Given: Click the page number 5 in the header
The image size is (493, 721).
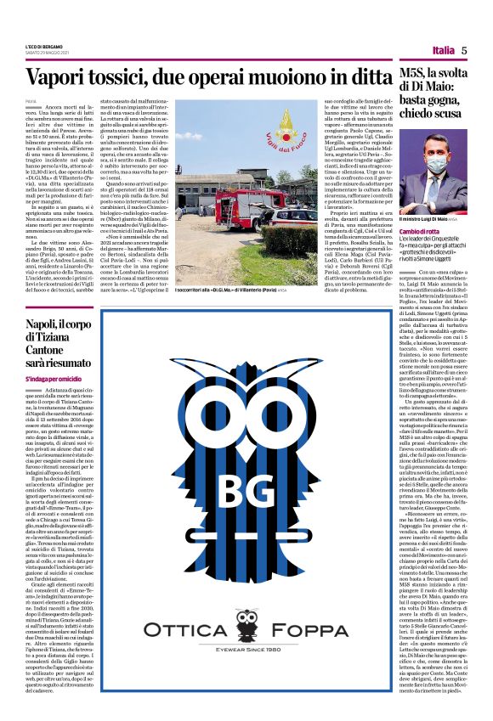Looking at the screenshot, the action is click(465, 50).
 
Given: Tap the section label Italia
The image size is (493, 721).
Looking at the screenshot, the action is click(443, 51).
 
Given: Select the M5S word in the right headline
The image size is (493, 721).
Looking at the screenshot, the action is click(417, 76).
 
